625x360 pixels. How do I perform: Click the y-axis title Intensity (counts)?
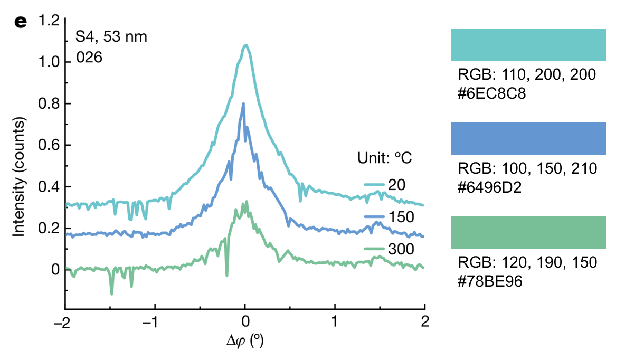pyautogui.click(x=20, y=177)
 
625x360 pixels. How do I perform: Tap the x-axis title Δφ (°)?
pyautogui.click(x=244, y=342)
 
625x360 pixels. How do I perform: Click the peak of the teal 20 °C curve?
pyautogui.click(x=245, y=45)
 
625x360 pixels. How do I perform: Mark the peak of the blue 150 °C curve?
pyautogui.click(x=243, y=103)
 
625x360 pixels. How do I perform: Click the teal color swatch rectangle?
pyautogui.click(x=528, y=45)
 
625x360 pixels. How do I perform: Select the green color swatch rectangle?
pyautogui.click(x=528, y=232)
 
